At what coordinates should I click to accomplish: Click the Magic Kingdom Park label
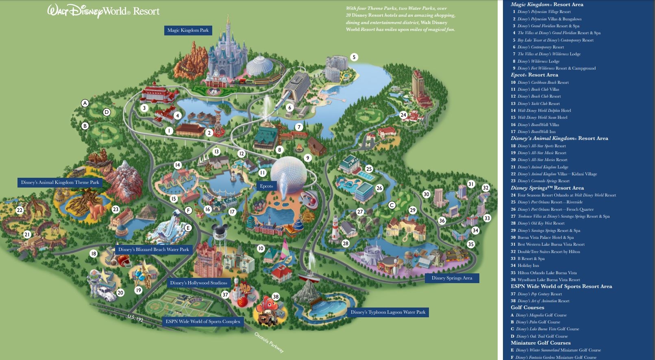click(188, 30)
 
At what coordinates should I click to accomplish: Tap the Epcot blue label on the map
click(266, 186)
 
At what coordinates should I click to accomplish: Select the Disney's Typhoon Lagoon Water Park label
click(388, 312)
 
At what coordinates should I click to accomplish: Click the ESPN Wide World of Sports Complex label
click(203, 321)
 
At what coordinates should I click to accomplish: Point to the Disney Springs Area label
click(452, 278)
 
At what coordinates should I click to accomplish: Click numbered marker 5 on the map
click(354, 57)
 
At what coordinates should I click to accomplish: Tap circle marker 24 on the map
click(403, 115)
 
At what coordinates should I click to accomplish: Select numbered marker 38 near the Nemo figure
click(276, 297)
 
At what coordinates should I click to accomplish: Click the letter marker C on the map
click(392, 205)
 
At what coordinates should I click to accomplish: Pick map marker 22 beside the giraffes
click(20, 210)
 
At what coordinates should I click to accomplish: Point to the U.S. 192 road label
click(135, 318)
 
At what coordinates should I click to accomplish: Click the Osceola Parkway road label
click(269, 343)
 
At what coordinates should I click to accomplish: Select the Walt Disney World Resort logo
click(103, 11)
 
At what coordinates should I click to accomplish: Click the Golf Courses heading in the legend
click(527, 308)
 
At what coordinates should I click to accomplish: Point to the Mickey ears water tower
click(220, 232)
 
